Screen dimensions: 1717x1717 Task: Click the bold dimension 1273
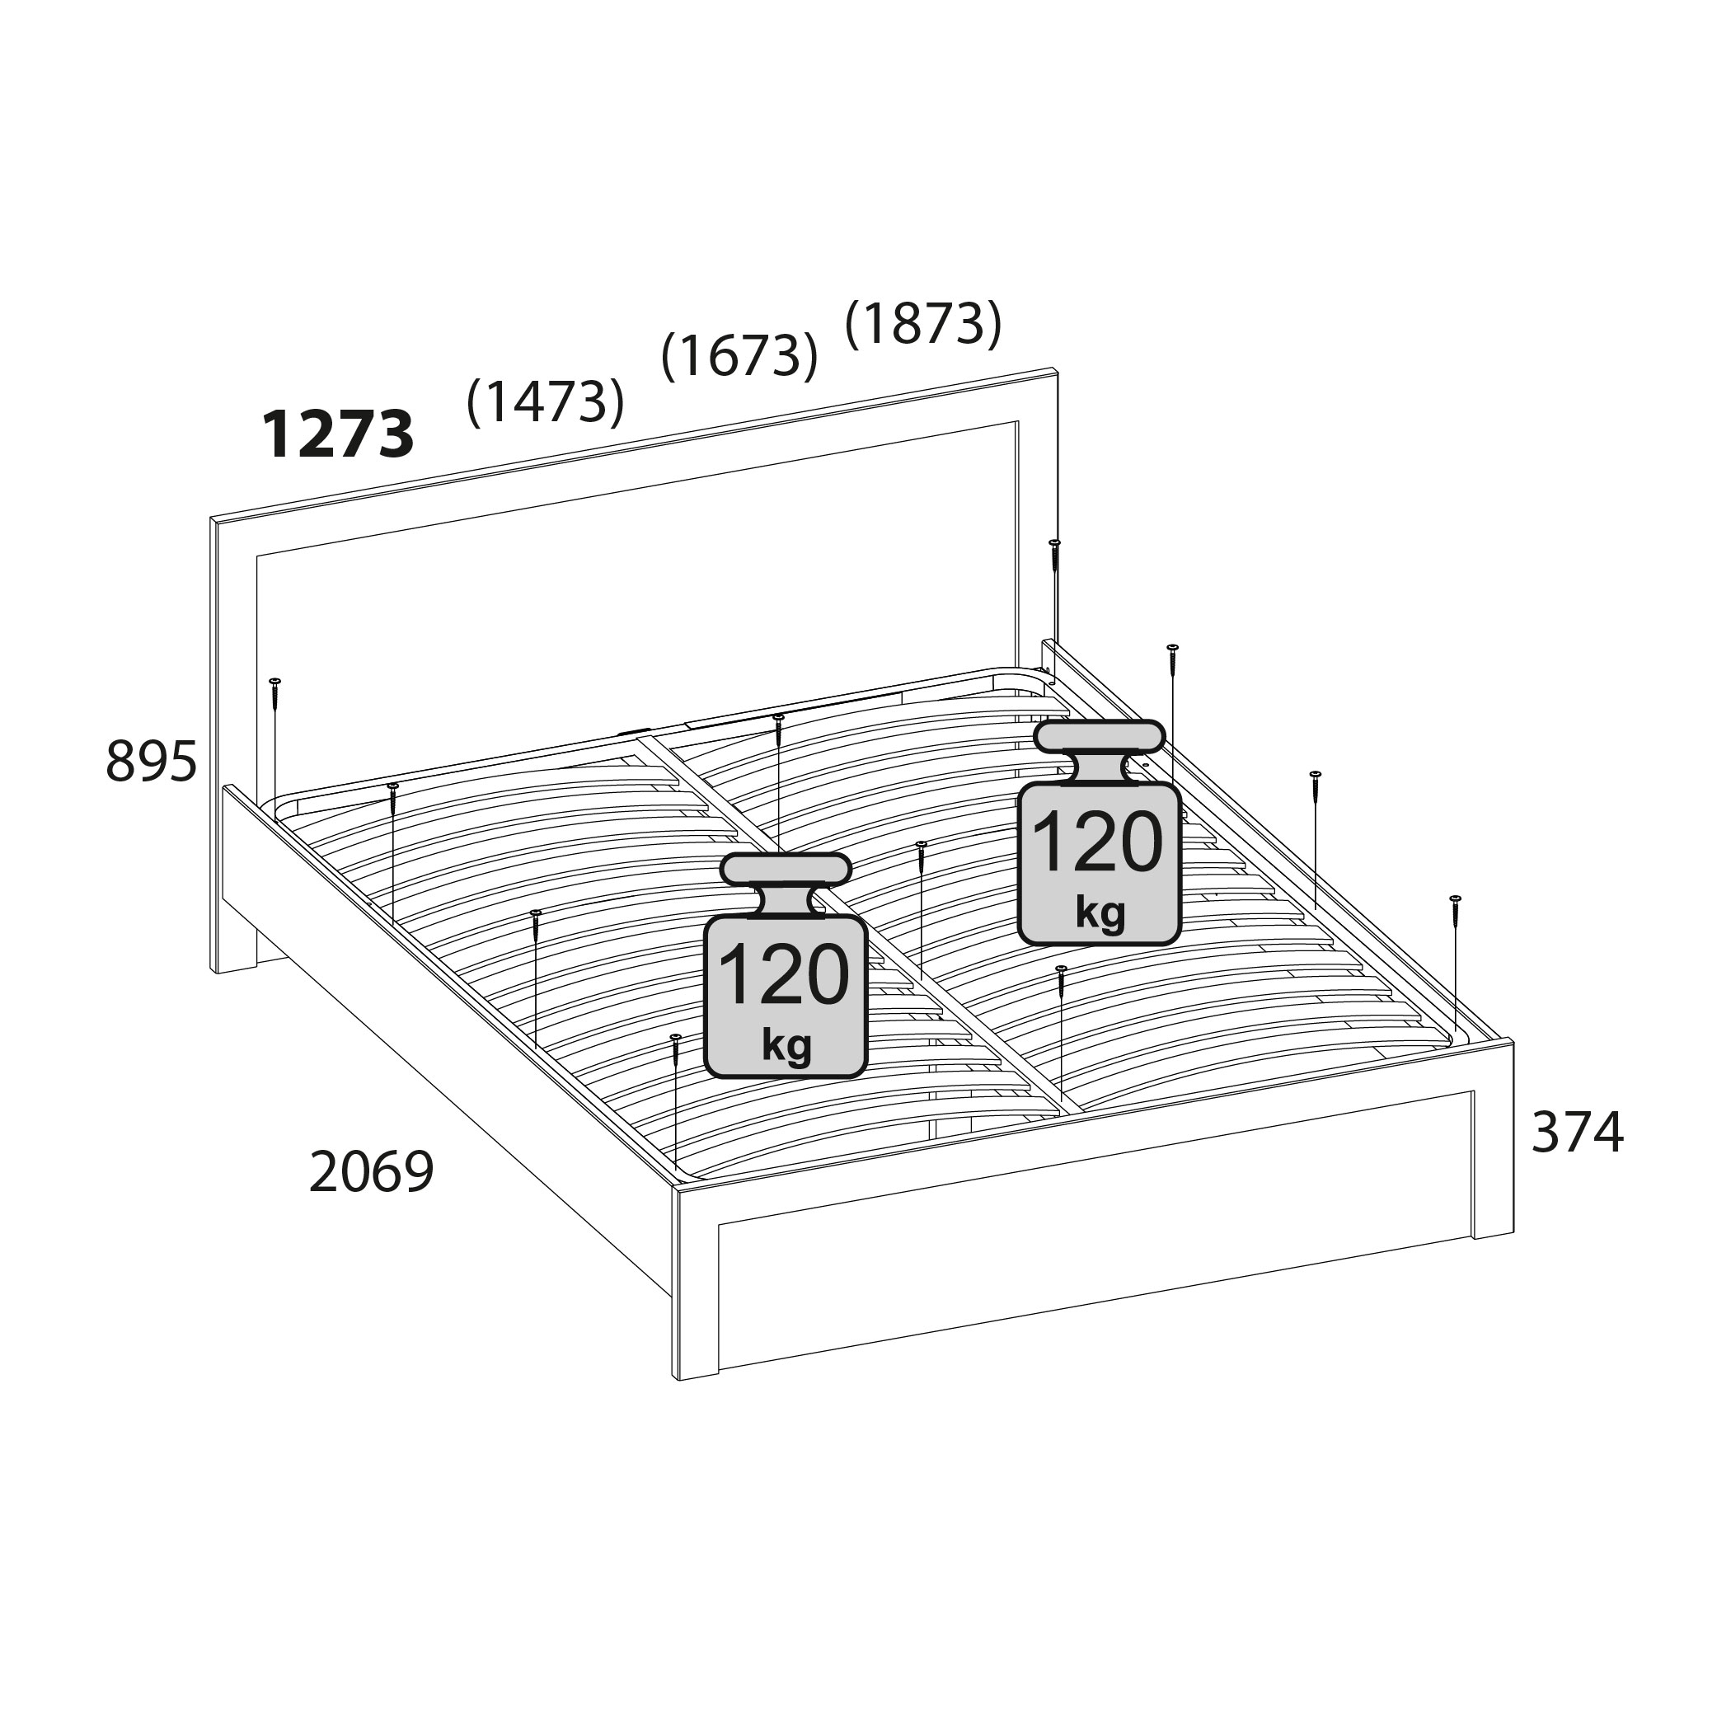339,434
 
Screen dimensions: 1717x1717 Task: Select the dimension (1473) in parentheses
546,401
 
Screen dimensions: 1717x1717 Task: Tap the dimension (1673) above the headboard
739,354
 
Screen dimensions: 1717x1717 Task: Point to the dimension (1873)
923,322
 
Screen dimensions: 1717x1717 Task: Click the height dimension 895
151,762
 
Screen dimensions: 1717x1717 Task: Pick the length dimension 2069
372,1171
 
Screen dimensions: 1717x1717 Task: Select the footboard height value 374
1578,1133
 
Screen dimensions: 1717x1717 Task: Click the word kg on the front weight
786,1045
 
